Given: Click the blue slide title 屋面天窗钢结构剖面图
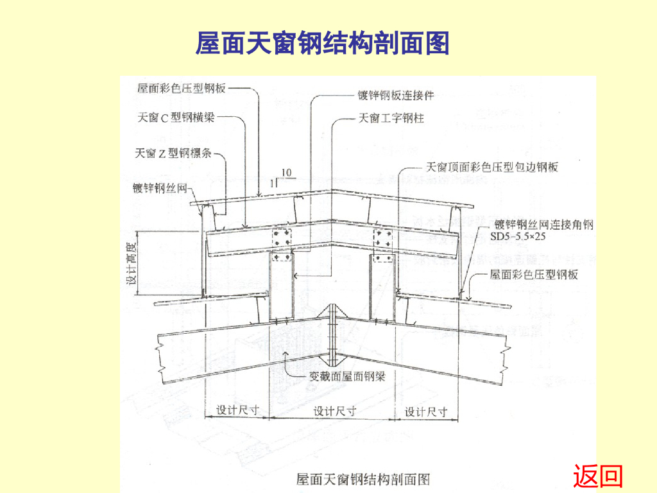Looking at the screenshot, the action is (322, 44).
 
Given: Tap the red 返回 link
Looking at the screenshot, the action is (598, 476).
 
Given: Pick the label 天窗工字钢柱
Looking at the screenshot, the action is (390, 118).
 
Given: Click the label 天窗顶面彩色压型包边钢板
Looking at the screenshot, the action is (492, 167).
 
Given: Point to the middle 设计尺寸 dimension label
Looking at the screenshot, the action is (334, 411).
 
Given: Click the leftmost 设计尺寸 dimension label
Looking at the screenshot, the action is (237, 410).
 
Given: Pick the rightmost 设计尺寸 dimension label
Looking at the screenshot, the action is (426, 411).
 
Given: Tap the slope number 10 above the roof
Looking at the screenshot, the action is (286, 172).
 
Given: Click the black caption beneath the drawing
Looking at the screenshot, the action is (363, 479).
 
